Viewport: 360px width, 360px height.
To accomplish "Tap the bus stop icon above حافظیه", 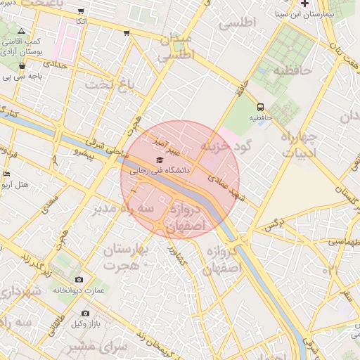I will coord(261,108).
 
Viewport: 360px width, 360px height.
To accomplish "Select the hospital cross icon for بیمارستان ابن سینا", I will coord(304,4).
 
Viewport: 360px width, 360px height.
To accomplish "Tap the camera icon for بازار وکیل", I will coord(85,313).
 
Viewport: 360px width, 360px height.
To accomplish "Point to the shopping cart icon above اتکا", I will coord(82,12).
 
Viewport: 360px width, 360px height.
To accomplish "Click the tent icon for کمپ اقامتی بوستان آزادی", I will coord(21,31).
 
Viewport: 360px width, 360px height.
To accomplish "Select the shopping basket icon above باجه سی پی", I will coord(22,66).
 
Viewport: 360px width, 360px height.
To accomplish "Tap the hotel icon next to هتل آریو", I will coord(6,174).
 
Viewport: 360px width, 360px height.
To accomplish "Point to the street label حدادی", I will coord(56,64).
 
